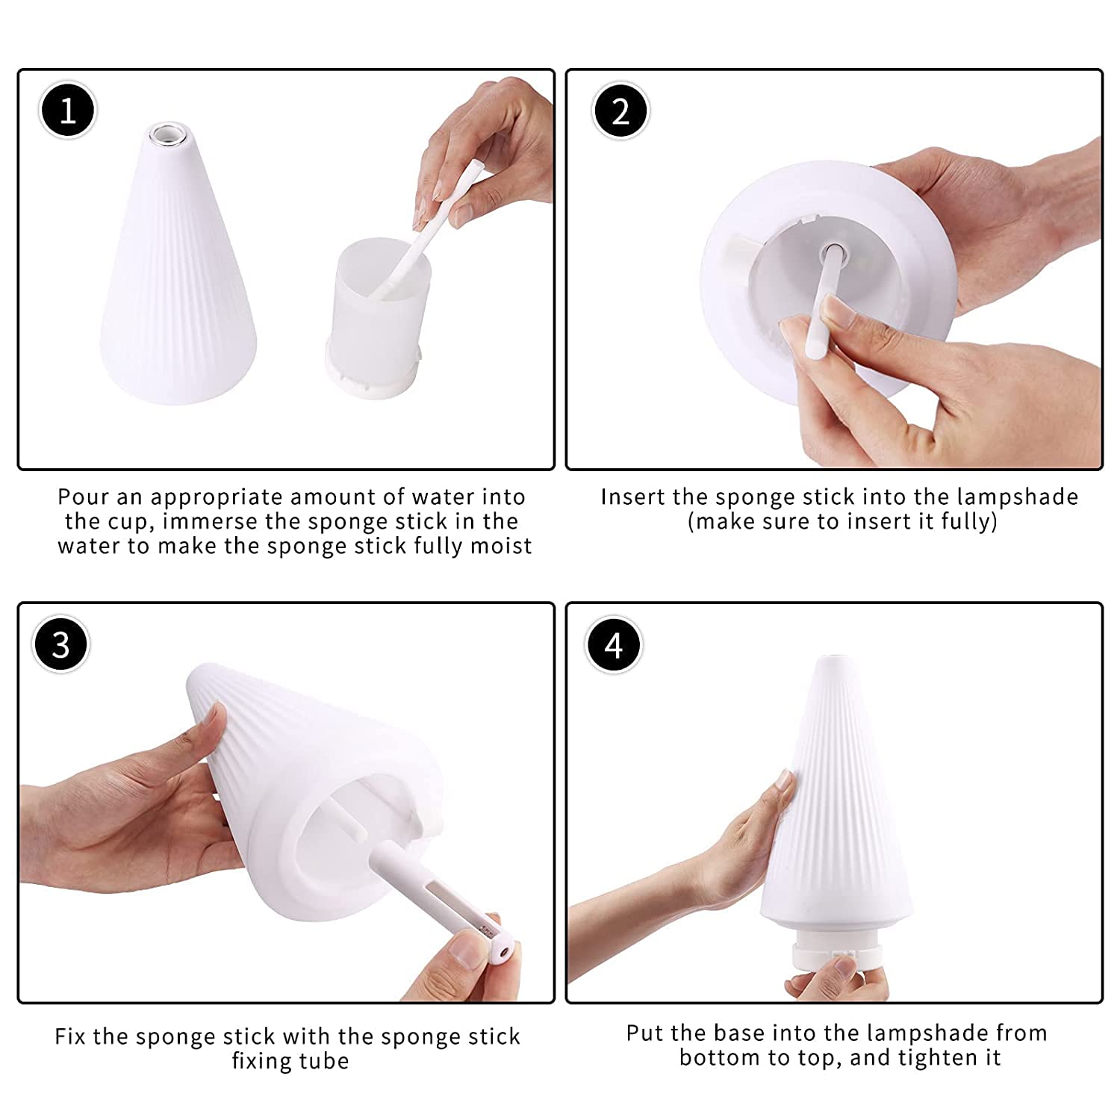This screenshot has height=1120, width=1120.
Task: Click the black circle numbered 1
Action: coord(67,111)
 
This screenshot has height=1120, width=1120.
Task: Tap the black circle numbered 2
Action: coord(620,111)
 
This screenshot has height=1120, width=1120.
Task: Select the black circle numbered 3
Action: coord(61,644)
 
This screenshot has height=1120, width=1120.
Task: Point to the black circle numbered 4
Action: coord(614,644)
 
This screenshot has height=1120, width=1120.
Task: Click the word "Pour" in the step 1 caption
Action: coord(84,497)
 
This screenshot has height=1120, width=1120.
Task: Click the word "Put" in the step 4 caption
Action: coord(644,1033)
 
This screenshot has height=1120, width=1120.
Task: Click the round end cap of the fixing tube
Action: coord(502,952)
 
